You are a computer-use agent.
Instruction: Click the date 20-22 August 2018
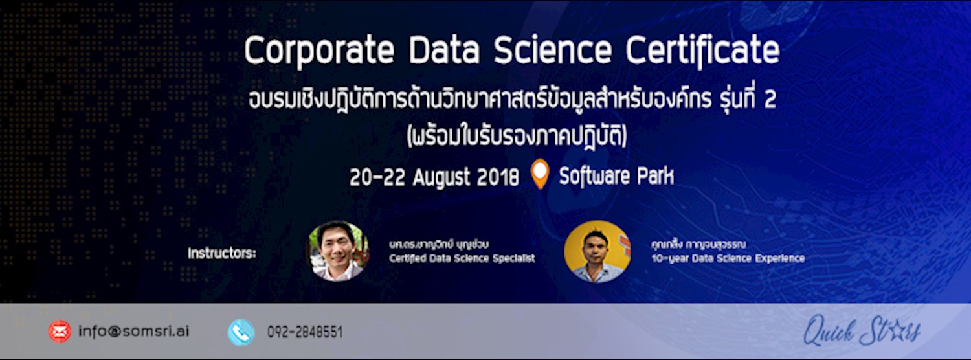click(x=434, y=177)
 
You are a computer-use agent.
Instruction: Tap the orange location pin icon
click(x=539, y=174)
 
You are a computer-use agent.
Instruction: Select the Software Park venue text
click(x=616, y=177)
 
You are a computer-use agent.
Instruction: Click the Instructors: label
click(x=222, y=253)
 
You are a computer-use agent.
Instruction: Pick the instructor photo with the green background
click(x=337, y=251)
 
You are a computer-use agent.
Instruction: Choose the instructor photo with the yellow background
click(x=597, y=251)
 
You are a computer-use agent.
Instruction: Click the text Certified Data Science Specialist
click(x=462, y=259)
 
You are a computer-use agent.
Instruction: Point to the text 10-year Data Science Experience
click(x=728, y=259)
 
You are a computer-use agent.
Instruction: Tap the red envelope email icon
click(x=60, y=332)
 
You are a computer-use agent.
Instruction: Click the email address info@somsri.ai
click(x=134, y=332)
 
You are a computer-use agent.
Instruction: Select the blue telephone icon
click(x=241, y=332)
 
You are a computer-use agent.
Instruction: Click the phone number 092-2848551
click(x=305, y=333)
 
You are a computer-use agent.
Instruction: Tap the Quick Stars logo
click(x=862, y=332)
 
